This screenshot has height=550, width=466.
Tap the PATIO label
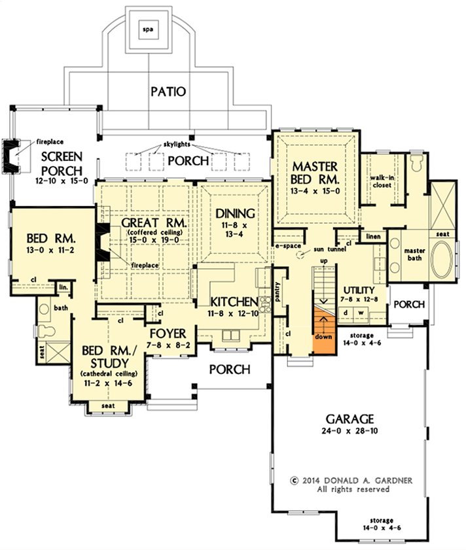pyautogui.click(x=168, y=91)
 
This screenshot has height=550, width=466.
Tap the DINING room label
pyautogui.click(x=233, y=213)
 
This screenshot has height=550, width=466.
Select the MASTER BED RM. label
pyautogui.click(x=315, y=171)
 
